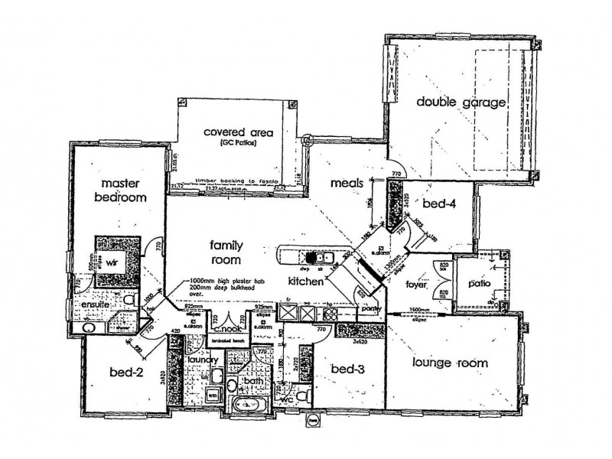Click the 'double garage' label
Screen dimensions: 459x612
461,101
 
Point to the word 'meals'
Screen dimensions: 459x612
346,183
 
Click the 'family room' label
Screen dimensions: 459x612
227,252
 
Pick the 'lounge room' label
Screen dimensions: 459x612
449,363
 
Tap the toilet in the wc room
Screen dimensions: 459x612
304,396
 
